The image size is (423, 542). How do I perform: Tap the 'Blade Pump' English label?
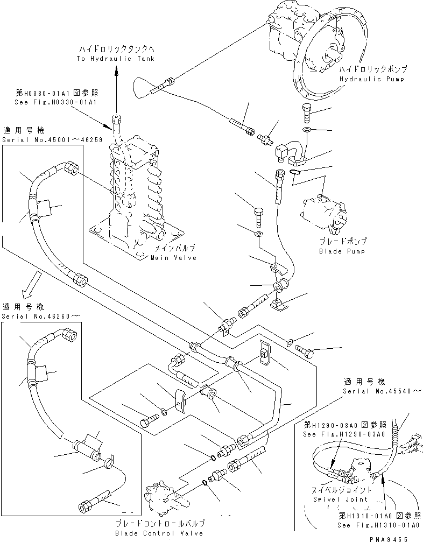[342, 251]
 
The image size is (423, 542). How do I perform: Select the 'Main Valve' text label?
[173, 258]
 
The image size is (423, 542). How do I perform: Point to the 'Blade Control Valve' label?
[160, 533]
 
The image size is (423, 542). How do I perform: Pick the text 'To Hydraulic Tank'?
[115, 59]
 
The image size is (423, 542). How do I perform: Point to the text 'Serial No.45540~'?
[377, 391]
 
